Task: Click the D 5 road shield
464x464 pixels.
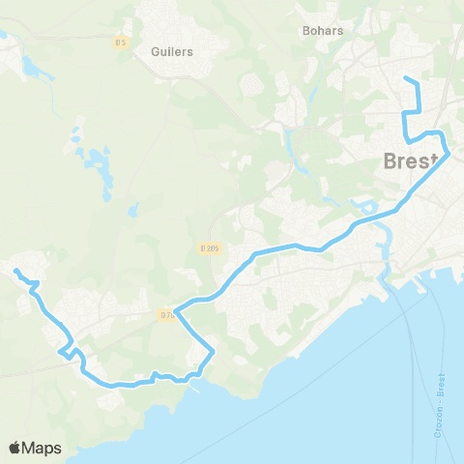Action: (121, 43)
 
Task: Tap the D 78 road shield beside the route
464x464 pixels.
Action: (166, 313)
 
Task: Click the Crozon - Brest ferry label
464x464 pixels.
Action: (440, 391)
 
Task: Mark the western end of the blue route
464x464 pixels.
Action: (16, 271)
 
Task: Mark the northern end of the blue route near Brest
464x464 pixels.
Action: (405, 78)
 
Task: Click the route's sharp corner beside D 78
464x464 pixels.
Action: (175, 307)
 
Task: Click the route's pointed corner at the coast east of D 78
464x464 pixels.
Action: (213, 354)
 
